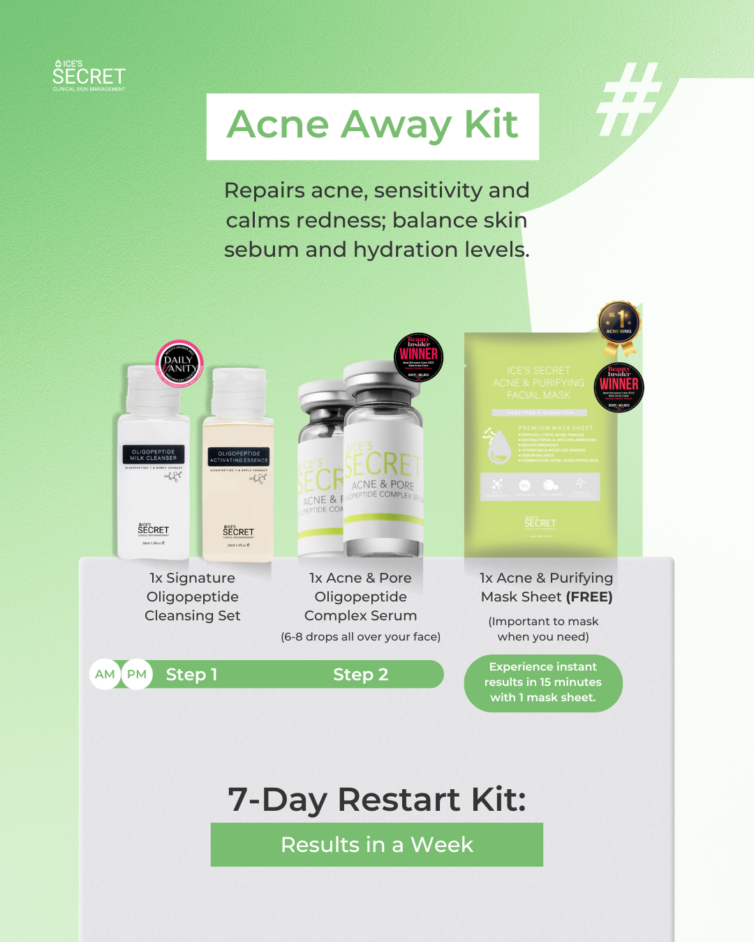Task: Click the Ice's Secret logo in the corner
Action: (x=89, y=75)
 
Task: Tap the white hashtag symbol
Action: (x=628, y=99)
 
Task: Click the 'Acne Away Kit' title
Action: (x=373, y=126)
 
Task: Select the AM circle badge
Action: (x=105, y=674)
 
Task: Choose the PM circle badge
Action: (x=137, y=674)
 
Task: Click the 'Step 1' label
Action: (x=191, y=675)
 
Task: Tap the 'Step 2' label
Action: (x=360, y=675)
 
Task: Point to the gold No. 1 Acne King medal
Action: (x=619, y=325)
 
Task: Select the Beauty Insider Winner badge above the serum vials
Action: (x=418, y=357)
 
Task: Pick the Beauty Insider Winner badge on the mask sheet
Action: (x=619, y=386)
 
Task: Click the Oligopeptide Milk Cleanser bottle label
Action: (x=154, y=455)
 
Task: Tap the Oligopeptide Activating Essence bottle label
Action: (x=239, y=457)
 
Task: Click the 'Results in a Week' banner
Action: (x=377, y=844)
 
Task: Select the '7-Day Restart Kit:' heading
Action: (x=377, y=800)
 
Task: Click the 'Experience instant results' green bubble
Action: (x=543, y=682)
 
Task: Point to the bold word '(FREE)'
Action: (x=589, y=597)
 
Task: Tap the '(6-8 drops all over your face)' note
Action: (x=360, y=636)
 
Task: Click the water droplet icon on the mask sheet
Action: (x=497, y=446)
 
